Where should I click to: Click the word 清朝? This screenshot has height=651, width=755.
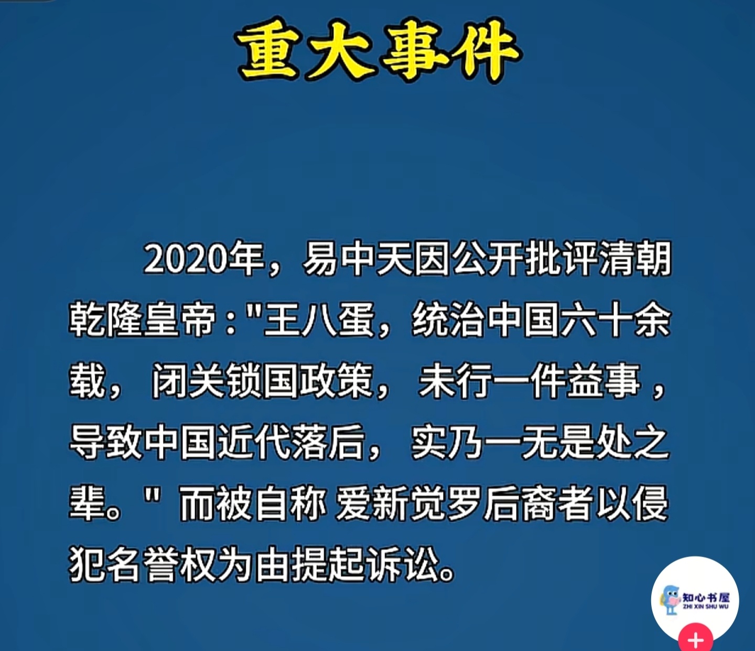(635, 259)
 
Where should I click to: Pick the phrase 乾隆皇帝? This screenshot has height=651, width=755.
(142, 321)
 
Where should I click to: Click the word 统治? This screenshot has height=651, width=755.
(448, 321)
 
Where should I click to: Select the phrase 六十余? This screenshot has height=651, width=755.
(616, 321)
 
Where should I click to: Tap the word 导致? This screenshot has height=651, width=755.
(105, 442)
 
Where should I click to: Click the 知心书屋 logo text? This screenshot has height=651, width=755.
(705, 597)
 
